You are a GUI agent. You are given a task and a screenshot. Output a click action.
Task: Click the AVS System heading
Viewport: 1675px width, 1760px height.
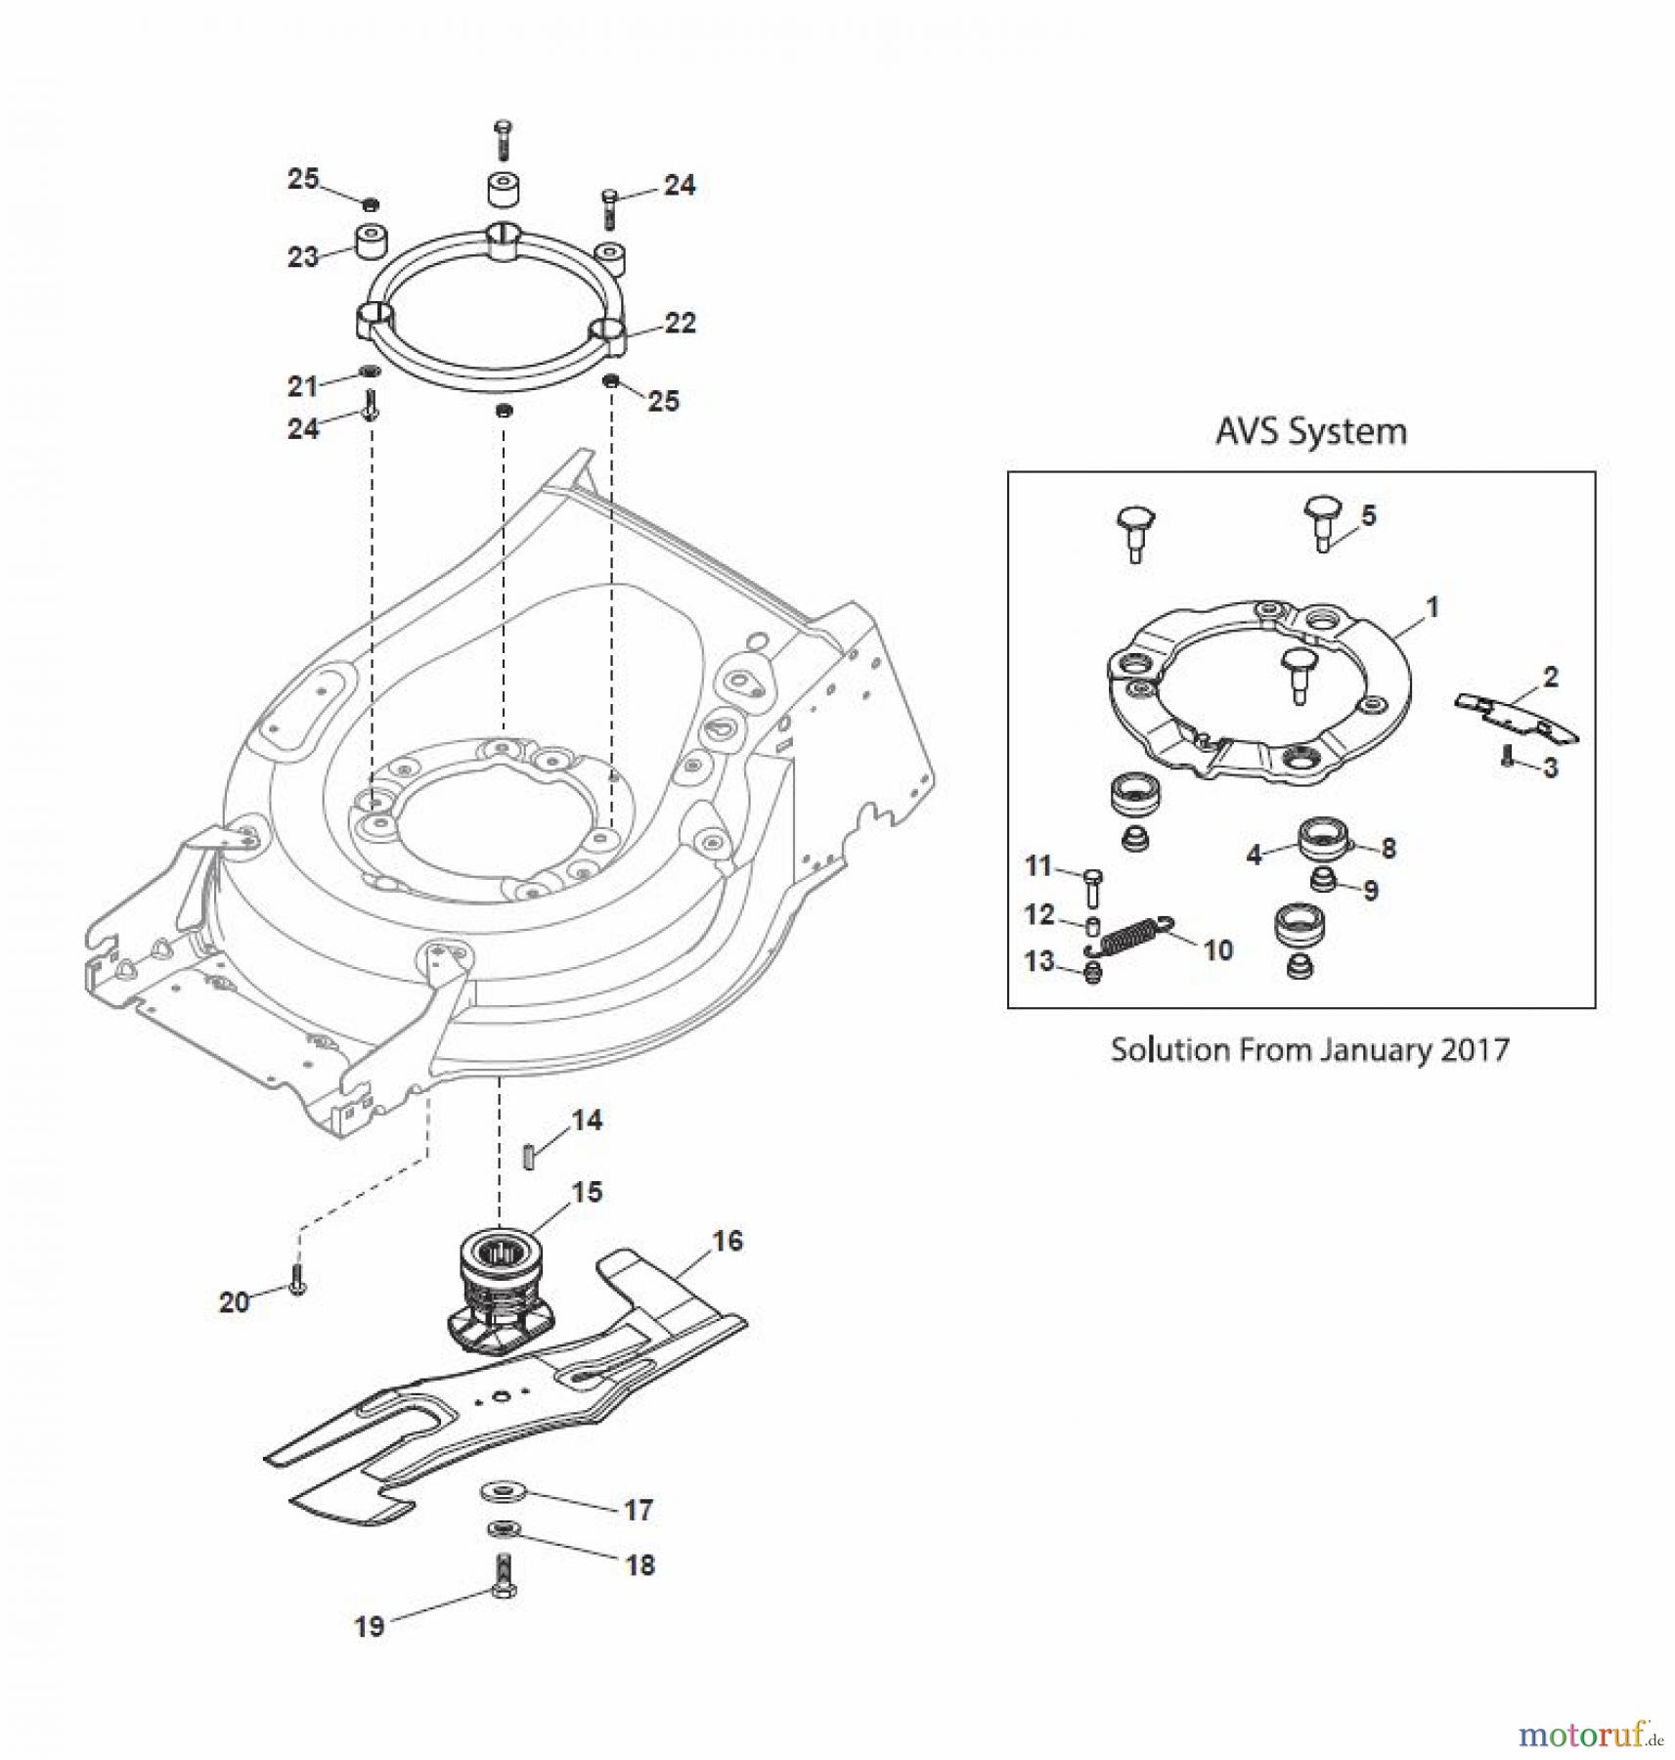click(x=1310, y=431)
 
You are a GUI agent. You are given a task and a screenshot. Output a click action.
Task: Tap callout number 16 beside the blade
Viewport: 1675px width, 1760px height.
click(x=727, y=1241)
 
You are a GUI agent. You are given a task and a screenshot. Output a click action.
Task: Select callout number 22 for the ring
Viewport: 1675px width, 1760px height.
click(x=680, y=323)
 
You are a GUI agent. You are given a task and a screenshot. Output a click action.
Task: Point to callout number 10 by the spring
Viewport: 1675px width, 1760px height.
click(x=1217, y=949)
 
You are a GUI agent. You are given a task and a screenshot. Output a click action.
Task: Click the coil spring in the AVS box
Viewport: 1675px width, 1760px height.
click(x=1132, y=936)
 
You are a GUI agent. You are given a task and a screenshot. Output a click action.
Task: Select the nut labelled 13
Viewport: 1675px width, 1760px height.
click(x=1093, y=972)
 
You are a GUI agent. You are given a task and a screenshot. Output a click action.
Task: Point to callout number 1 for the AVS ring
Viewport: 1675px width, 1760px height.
click(x=1433, y=607)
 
